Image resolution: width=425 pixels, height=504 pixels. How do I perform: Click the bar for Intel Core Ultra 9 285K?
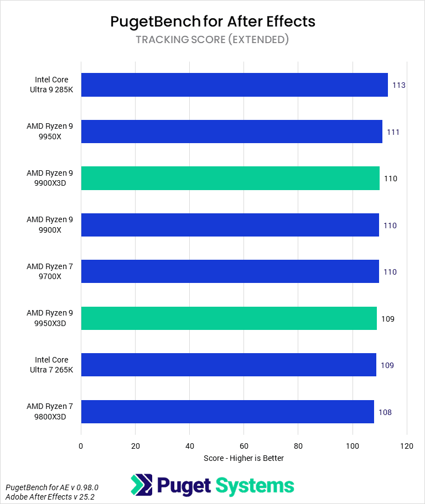click(x=234, y=85)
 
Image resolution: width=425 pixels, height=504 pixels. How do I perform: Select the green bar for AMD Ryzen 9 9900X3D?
click(x=230, y=179)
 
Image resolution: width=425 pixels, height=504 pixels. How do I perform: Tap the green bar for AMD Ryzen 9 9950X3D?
click(x=229, y=319)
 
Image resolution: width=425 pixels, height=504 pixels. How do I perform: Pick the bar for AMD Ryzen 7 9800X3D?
click(x=227, y=412)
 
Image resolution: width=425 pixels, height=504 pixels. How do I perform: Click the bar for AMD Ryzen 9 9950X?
click(x=231, y=132)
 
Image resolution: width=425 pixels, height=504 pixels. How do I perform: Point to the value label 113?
click(x=399, y=86)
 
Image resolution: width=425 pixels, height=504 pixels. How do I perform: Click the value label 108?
click(x=385, y=412)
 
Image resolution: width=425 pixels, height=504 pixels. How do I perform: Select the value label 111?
click(x=393, y=133)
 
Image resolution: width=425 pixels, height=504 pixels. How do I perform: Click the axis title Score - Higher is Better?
click(x=243, y=458)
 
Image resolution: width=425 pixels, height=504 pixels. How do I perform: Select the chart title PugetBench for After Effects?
click(x=212, y=22)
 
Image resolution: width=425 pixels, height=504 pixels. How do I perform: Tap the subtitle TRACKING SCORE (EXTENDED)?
click(x=212, y=40)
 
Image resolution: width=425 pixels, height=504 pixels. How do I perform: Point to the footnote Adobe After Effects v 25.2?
click(x=50, y=497)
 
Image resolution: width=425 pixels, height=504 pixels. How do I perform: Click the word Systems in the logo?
click(x=255, y=486)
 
